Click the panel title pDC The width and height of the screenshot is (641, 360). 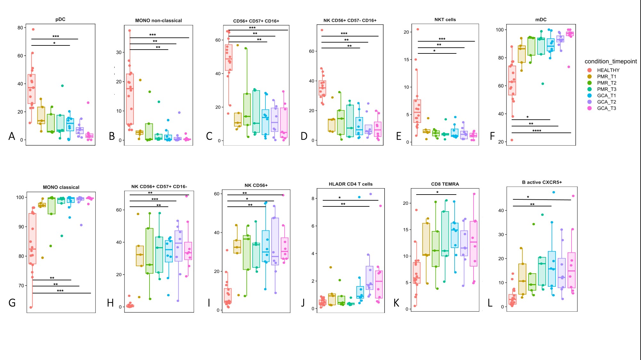pyautogui.click(x=60, y=19)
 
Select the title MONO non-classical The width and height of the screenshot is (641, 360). pyautogui.click(x=158, y=20)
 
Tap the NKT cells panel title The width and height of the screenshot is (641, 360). pyautogui.click(x=445, y=20)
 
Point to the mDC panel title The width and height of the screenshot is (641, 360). pyautogui.click(x=541, y=20)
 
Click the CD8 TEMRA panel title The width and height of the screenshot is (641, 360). pyautogui.click(x=445, y=184)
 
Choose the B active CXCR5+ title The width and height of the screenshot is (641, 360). pyautogui.click(x=542, y=182)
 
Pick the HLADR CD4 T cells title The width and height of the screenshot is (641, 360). pyautogui.click(x=351, y=184)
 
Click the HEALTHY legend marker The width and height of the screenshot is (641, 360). pyautogui.click(x=589, y=70)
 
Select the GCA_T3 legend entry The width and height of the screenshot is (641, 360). pyautogui.click(x=606, y=108)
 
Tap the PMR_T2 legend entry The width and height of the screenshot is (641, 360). pyautogui.click(x=606, y=83)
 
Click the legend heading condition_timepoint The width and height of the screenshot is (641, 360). pyautogui.click(x=611, y=61)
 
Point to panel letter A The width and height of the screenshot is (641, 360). pyautogui.click(x=12, y=136)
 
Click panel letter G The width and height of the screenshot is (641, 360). pyautogui.click(x=12, y=303)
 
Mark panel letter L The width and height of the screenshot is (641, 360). pyautogui.click(x=490, y=303)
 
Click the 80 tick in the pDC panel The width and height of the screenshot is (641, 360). pyautogui.click(x=20, y=28)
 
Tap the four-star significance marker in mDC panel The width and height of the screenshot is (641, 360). pyautogui.click(x=537, y=131)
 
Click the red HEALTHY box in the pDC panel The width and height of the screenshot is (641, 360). pyautogui.click(x=31, y=89)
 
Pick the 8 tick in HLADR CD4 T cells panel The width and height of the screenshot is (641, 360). pyautogui.click(x=313, y=198)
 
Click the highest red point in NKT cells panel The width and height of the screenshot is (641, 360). pyautogui.click(x=418, y=29)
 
